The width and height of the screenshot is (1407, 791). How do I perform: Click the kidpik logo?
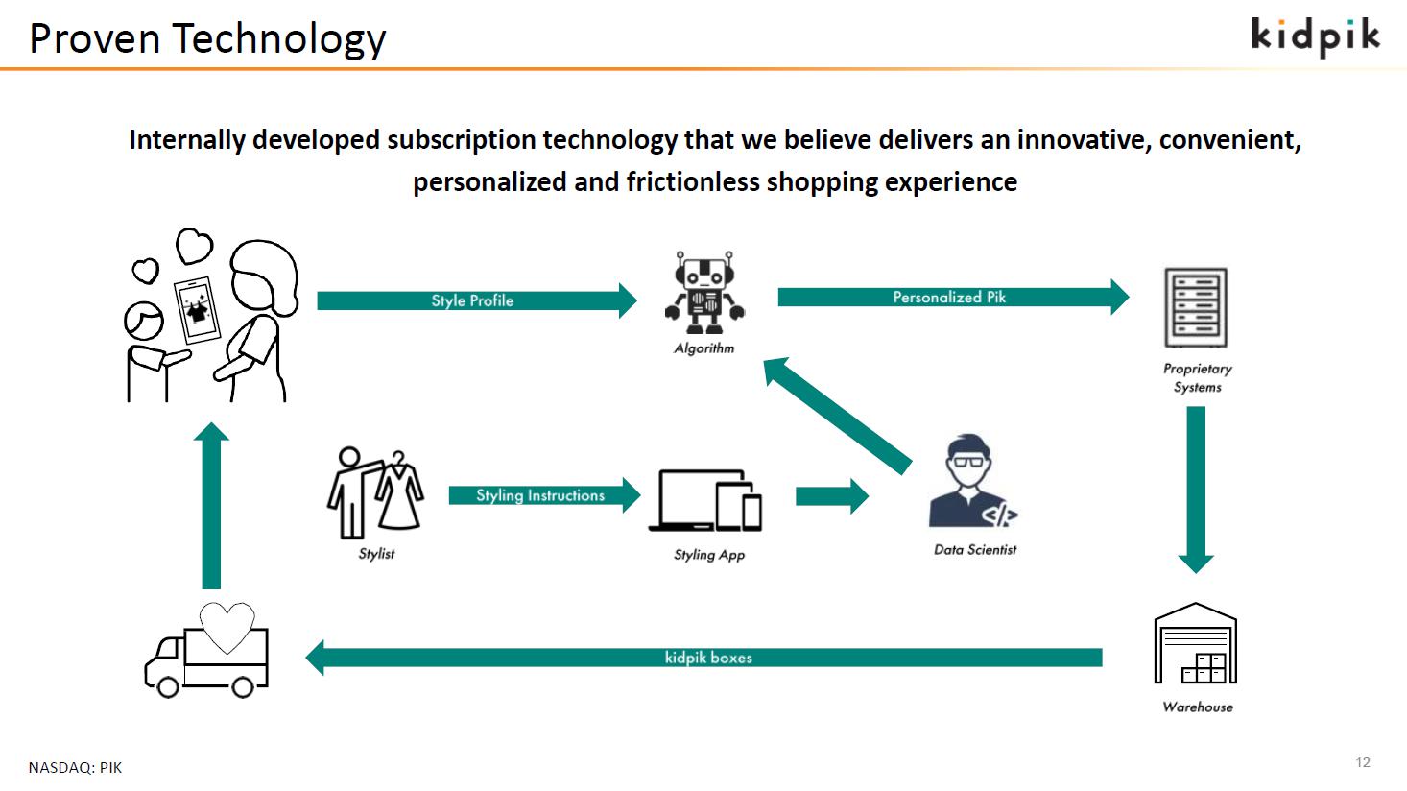pos(1316,37)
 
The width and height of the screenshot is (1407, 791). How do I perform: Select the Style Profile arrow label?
pos(472,300)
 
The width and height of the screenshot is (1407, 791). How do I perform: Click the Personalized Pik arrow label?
pos(949,298)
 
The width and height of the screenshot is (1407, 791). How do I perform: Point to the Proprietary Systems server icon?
pos(1196,308)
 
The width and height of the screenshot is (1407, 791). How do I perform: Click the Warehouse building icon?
pos(1196,643)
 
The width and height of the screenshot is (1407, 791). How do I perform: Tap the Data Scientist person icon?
pos(972,481)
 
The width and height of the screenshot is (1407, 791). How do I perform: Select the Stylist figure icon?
pos(375,492)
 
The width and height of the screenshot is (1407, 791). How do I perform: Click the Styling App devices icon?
pos(705,501)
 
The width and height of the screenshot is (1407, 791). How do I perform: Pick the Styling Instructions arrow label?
pos(540,495)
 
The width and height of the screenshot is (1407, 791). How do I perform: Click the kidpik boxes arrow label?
pos(708,658)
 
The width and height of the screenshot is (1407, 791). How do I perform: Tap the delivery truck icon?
pos(207,651)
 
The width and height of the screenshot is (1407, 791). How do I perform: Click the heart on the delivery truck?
pos(227,628)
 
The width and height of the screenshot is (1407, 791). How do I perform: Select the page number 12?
pos(1363,762)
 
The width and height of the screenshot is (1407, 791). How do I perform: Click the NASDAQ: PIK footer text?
pos(76,768)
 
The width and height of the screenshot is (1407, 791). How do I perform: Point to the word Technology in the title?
pos(279,39)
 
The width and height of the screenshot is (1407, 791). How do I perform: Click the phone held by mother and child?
pos(198,310)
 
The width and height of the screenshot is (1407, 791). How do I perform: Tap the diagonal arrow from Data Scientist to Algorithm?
pos(837,416)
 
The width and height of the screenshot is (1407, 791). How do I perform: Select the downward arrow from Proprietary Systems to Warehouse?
pos(1196,491)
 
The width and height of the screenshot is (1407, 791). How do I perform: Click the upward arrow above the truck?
pos(211,506)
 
